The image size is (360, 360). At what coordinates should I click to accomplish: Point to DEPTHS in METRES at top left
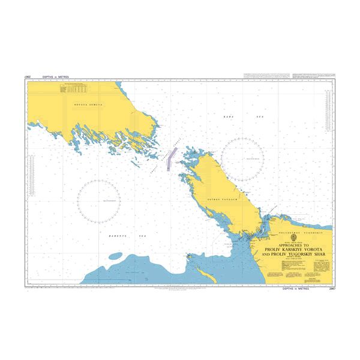click(x=53, y=77)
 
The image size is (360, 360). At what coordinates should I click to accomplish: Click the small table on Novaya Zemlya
click(x=73, y=89)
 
